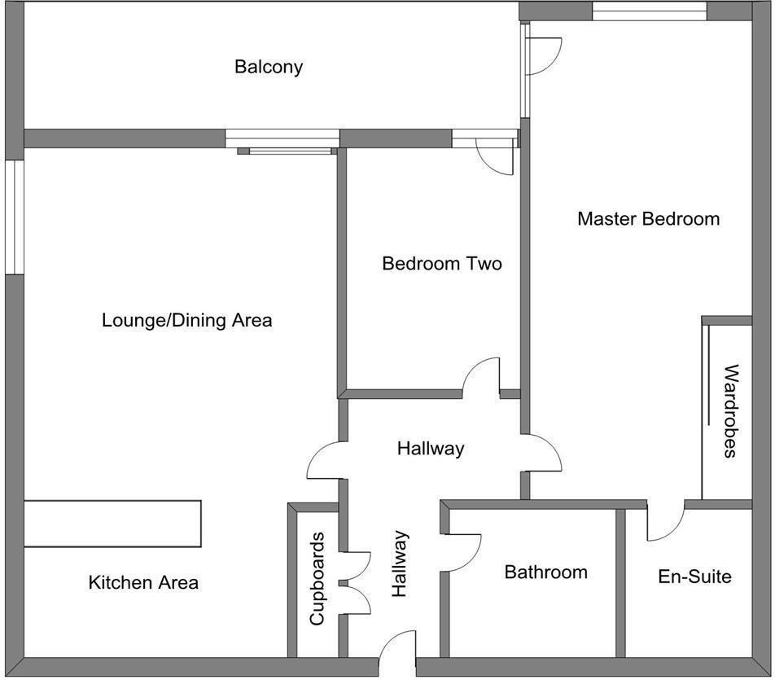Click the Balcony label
click(x=269, y=67)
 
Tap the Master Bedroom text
click(x=648, y=219)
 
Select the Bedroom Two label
click(x=441, y=264)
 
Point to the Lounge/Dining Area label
click(x=186, y=320)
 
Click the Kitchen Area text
click(x=143, y=583)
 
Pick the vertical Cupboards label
click(x=317, y=579)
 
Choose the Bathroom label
click(x=545, y=572)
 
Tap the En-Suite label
click(x=694, y=577)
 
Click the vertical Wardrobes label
click(x=730, y=410)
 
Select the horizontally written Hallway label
click(x=431, y=448)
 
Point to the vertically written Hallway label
click(x=399, y=564)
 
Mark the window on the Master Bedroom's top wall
click(x=649, y=11)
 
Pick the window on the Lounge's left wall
click(x=14, y=217)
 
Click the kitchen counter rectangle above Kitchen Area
click(x=112, y=524)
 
